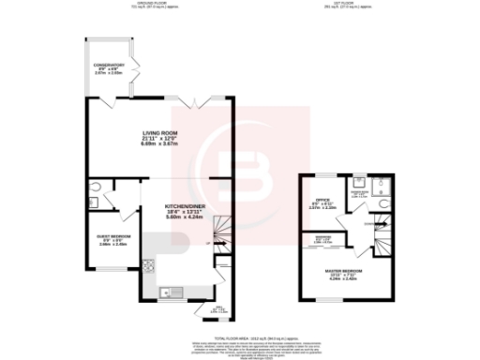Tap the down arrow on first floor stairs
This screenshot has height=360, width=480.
coord(378,223)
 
